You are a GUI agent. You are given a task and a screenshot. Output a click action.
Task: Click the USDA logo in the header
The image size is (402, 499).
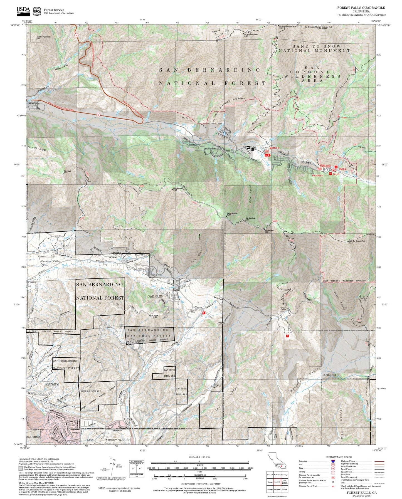23,10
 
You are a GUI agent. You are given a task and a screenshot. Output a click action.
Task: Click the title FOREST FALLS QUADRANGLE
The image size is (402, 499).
361,8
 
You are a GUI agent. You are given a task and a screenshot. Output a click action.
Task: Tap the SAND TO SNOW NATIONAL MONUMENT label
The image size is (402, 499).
314,48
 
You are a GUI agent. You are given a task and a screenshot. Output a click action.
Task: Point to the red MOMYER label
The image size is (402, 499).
272,148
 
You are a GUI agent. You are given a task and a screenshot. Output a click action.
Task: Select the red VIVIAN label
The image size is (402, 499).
342,169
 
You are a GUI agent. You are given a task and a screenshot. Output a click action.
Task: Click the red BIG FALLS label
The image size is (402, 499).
317,176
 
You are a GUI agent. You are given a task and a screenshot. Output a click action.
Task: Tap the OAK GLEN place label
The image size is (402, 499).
156,297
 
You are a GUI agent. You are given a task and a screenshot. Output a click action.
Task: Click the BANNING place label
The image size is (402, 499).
329,375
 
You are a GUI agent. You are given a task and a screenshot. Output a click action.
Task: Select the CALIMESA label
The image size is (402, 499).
33,437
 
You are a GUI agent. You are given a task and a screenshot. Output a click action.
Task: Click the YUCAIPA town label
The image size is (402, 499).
52,384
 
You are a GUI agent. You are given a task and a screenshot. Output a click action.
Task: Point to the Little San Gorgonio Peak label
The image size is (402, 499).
357,241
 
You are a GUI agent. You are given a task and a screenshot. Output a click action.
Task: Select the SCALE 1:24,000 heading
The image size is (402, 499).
200,457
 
